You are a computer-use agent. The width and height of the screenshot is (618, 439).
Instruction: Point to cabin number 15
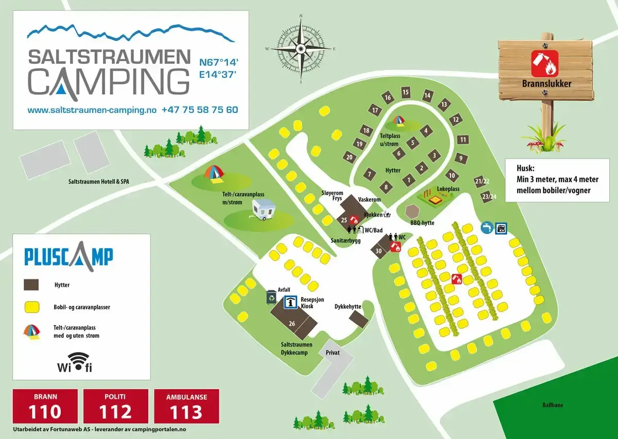406,93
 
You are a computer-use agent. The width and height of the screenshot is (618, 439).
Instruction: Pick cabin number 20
350,157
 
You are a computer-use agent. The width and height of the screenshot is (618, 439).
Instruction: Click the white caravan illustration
263,210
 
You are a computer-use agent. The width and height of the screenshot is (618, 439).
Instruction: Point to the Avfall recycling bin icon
271,297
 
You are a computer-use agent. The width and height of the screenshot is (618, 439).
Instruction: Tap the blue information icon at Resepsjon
291,303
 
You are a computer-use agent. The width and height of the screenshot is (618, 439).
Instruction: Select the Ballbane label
552,405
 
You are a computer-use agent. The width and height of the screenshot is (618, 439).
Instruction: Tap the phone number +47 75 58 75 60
200,110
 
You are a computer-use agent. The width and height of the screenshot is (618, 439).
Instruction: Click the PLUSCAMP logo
68,256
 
